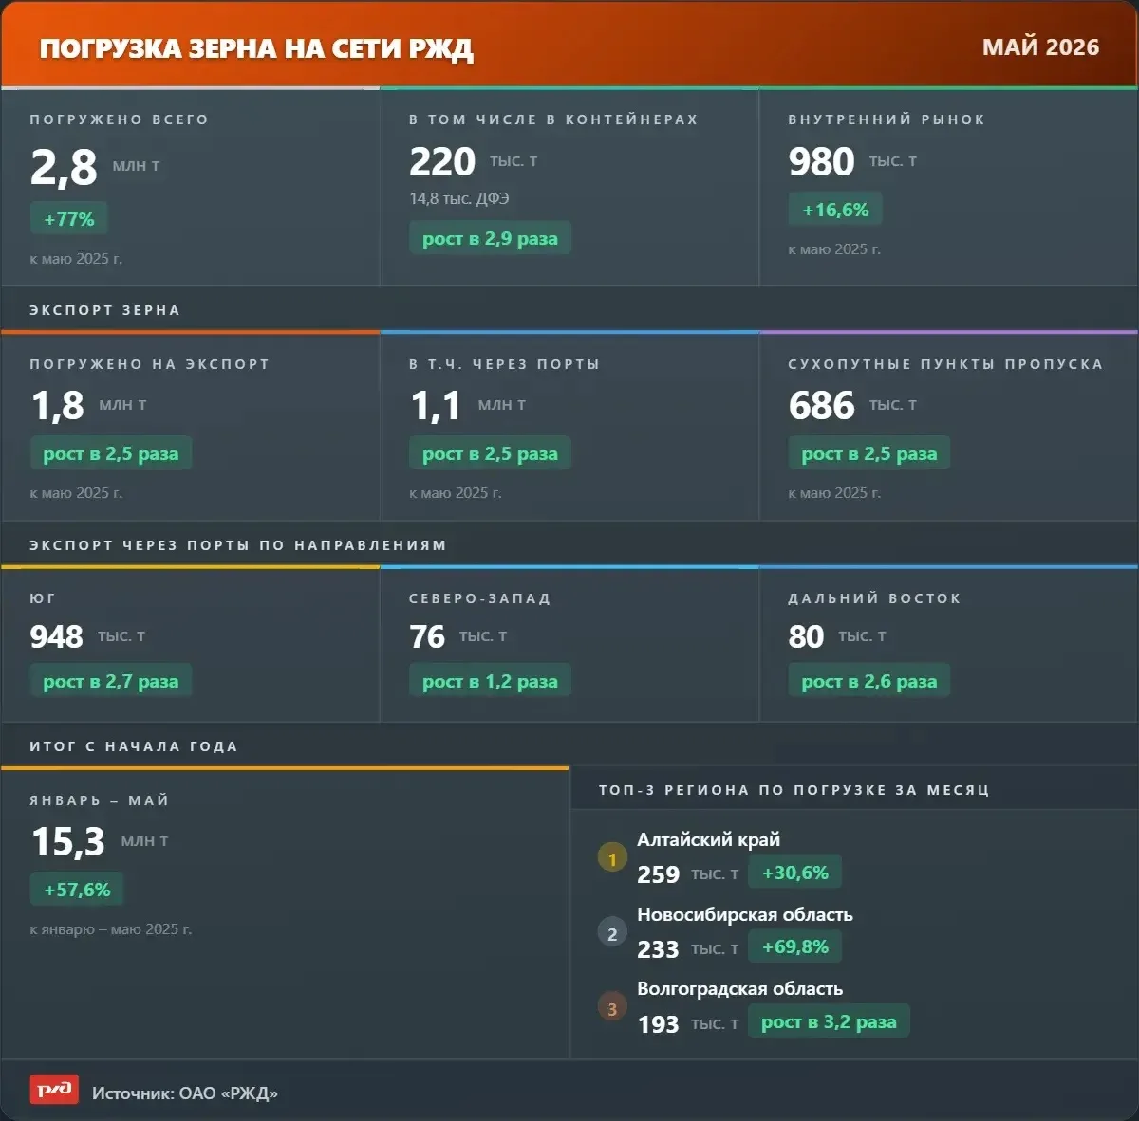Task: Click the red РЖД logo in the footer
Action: [x=54, y=1089]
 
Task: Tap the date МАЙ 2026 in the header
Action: [x=1040, y=47]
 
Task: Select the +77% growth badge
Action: [x=69, y=219]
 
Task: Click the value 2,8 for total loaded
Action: [x=64, y=168]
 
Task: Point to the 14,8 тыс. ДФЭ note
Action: [x=459, y=198]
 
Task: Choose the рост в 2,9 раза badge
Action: [x=490, y=239]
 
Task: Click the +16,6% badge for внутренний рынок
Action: [x=835, y=210]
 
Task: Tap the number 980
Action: [x=822, y=161]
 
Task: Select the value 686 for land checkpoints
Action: [x=822, y=405]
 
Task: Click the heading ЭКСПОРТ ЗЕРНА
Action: [x=104, y=310]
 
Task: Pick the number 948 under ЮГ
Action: [x=57, y=636]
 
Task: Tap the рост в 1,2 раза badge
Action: [x=490, y=682]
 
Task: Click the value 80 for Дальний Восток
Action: [x=806, y=636]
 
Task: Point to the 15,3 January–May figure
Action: [x=68, y=841]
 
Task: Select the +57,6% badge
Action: [x=77, y=890]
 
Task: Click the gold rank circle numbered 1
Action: [x=612, y=858]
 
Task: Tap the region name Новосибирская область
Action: [x=745, y=915]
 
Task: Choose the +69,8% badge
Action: [x=795, y=946]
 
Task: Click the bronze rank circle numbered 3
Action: [x=612, y=1007]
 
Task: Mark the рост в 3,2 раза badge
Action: [x=829, y=1021]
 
